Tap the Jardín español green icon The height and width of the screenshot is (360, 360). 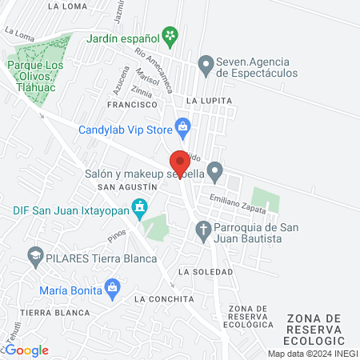coord(170,34)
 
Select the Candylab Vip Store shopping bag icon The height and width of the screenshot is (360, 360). coord(183,126)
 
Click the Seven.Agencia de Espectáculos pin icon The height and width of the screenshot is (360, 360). coord(206,63)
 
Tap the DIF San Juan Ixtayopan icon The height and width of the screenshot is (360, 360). coord(140,209)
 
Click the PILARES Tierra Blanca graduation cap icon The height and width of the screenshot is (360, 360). coord(34,258)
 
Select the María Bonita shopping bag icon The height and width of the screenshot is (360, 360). coord(113,286)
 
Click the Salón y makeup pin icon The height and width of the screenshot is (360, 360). coord(214,170)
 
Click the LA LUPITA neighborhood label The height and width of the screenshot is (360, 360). coord(209,101)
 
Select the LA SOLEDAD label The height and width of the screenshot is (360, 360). coord(206,272)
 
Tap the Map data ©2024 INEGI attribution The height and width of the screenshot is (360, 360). coord(313,354)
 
